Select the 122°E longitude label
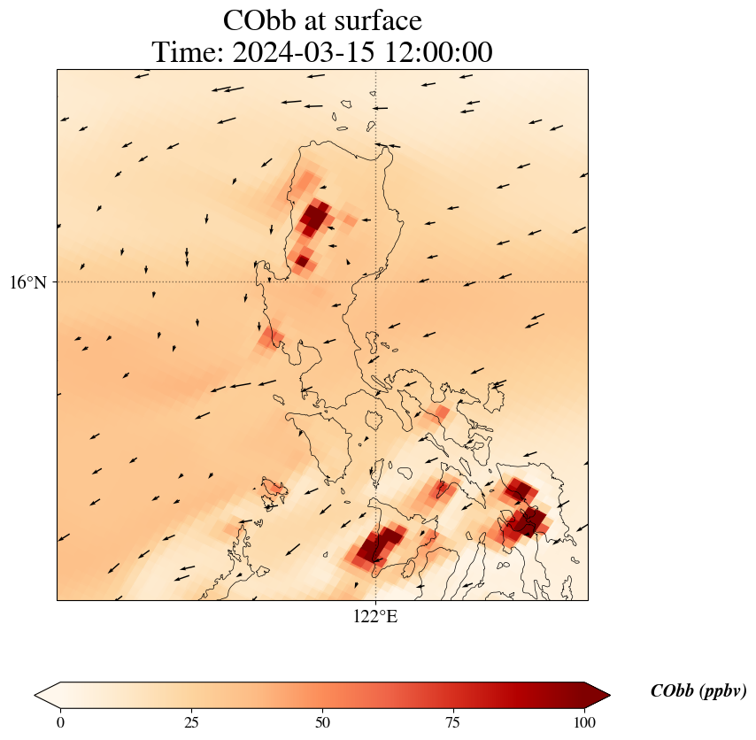click(375, 617)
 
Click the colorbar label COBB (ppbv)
click(698, 691)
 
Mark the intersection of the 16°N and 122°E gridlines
click(376, 282)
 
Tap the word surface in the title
click(380, 20)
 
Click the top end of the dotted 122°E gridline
click(376, 70)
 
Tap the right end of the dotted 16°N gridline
click(588, 282)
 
